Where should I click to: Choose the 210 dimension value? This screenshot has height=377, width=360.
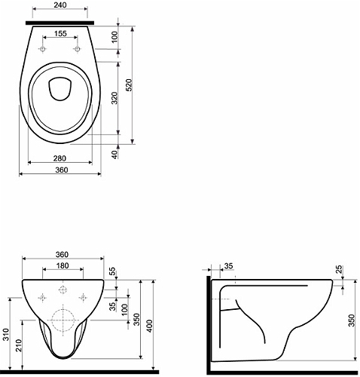[18, 347]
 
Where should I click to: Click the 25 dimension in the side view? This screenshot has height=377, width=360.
[340, 269]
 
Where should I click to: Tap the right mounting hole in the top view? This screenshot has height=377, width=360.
[78, 49]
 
